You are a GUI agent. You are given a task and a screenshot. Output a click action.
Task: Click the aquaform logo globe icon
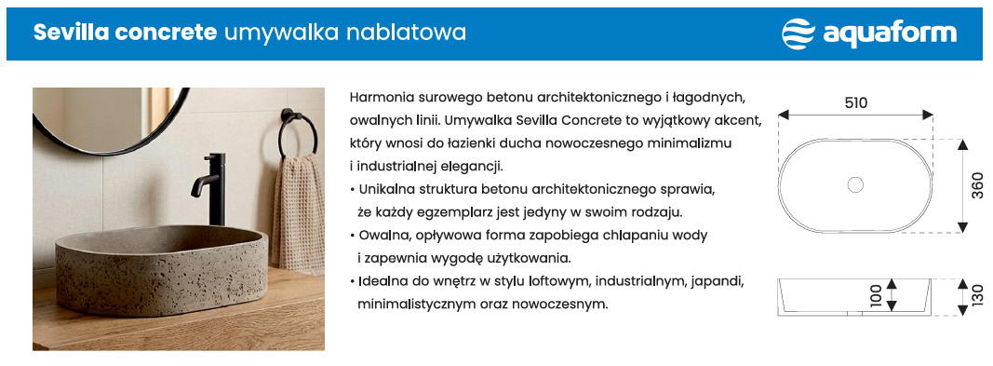(x=798, y=34)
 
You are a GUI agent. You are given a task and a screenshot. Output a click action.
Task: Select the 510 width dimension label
(x=855, y=102)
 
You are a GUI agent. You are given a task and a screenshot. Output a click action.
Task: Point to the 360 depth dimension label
(x=978, y=185)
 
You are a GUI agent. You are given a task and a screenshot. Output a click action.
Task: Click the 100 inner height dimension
(x=876, y=296)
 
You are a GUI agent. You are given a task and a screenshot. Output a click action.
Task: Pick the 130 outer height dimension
(x=978, y=296)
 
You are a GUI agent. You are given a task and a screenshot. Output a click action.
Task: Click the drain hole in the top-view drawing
(x=855, y=185)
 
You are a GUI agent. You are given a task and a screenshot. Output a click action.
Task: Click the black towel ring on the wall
(x=298, y=133)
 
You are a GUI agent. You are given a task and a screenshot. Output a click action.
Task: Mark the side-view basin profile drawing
(x=855, y=296)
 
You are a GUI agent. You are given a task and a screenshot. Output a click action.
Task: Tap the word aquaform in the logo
(x=890, y=34)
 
